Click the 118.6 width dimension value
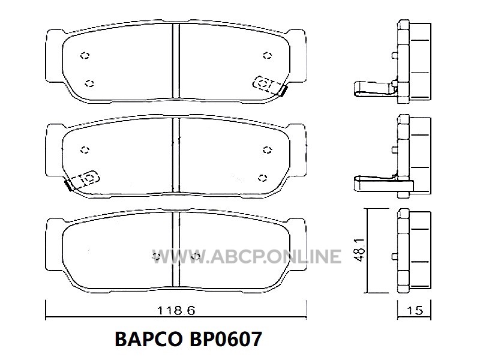coord(176,310)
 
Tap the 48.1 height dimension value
coord(360,250)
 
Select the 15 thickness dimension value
coord(415,310)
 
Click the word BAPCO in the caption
coord(148,339)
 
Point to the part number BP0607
coord(226,339)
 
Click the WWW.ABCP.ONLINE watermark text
coord(247,257)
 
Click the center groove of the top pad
coord(176,61)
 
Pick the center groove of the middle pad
coord(176,155)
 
